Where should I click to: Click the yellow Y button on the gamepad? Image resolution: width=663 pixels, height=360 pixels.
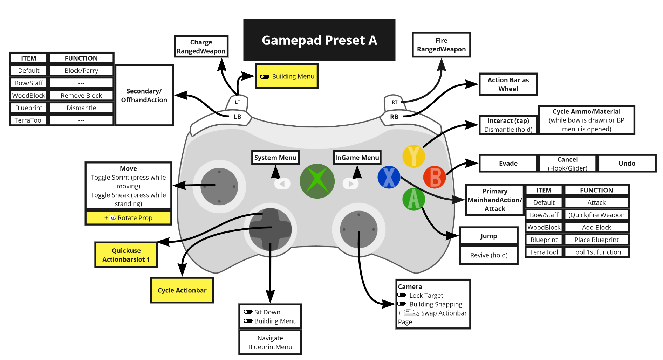(413, 156)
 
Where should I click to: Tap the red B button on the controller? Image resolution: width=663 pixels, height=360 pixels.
(435, 177)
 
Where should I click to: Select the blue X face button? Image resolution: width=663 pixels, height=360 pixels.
(389, 177)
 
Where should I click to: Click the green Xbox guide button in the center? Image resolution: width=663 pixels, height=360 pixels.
(317, 181)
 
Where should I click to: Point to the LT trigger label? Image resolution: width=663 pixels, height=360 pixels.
(238, 102)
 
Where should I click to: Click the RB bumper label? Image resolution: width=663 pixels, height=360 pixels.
(394, 117)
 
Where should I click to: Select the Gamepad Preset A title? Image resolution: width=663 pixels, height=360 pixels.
(319, 40)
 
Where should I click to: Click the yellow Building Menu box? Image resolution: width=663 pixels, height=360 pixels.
(287, 76)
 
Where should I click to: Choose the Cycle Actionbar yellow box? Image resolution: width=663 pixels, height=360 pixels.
(182, 290)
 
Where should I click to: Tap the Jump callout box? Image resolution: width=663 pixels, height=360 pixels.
(488, 236)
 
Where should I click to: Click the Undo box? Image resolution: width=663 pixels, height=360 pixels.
(627, 164)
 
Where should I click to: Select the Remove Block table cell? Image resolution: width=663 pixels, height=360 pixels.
(81, 96)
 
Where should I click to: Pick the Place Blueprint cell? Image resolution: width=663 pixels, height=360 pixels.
(596, 240)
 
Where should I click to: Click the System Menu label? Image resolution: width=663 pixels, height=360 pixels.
(275, 158)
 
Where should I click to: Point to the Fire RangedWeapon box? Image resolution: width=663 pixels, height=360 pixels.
(441, 45)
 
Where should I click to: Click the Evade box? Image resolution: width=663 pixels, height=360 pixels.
(508, 164)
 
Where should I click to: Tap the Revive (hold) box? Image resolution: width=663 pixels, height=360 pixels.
(488, 255)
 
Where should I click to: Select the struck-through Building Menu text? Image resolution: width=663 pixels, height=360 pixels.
(275, 321)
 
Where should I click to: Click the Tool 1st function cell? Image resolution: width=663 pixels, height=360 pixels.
(596, 252)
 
